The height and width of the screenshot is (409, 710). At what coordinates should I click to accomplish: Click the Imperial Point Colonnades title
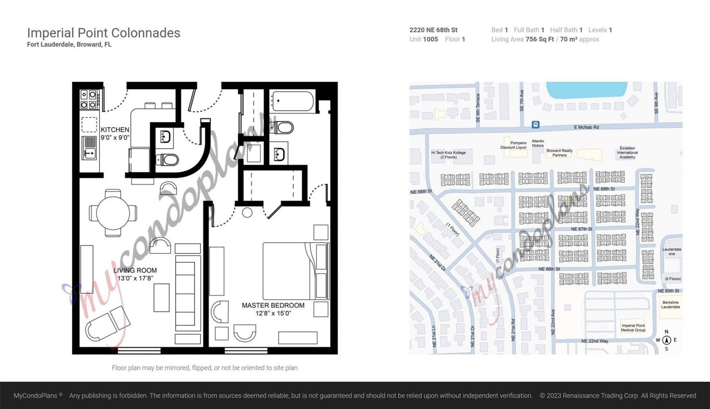[104, 33]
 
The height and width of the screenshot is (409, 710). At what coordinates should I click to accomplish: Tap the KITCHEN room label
[115, 130]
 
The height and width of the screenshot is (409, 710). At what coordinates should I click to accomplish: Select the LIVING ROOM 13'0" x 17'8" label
[135, 274]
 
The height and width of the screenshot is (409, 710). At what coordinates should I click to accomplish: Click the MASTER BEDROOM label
[273, 306]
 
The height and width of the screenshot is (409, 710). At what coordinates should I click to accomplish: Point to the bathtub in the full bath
[292, 101]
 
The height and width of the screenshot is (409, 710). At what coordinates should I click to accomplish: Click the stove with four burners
[88, 99]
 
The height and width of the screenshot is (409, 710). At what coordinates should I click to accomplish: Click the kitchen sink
[89, 148]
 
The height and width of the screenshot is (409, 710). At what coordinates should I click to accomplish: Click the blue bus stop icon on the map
[535, 125]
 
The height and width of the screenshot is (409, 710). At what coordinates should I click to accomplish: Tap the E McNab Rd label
[586, 127]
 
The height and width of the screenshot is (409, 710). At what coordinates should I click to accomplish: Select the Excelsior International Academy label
[627, 153]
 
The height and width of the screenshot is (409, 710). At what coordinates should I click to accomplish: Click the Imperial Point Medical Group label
[633, 328]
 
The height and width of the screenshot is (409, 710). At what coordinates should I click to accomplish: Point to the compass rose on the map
[666, 340]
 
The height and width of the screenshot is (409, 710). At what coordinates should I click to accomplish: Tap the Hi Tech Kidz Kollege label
[448, 155]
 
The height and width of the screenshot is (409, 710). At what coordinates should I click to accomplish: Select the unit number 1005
[430, 39]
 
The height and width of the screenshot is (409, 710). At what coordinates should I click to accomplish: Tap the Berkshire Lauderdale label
[670, 304]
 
